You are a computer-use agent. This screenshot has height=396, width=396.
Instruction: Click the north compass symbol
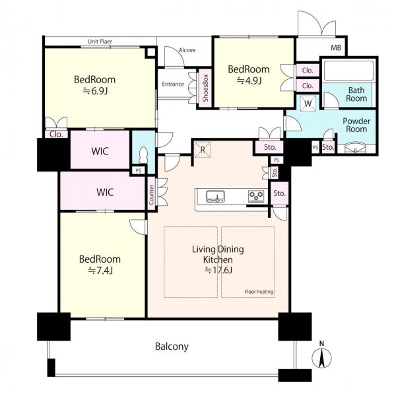[321, 356]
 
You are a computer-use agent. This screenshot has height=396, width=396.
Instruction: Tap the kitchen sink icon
[215, 197]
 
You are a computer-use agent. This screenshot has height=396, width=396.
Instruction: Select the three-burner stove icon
[256, 196]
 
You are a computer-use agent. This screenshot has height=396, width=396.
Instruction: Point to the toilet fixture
[143, 154]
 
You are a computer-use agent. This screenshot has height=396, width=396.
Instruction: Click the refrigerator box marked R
[203, 150]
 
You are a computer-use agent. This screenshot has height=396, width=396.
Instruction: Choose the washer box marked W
[308, 104]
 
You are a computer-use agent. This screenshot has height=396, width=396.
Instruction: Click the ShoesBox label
[205, 88]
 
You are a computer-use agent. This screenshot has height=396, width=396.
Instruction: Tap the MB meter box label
[336, 48]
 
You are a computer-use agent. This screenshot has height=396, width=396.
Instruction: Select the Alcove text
[187, 50]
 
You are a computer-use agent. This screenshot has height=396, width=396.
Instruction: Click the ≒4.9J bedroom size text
[249, 81]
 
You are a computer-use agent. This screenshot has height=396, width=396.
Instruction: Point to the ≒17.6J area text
[218, 270]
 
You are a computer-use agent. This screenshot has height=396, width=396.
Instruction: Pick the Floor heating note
[259, 292]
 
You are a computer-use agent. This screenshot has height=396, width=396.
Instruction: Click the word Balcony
[172, 346]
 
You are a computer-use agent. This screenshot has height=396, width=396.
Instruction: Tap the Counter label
[152, 195]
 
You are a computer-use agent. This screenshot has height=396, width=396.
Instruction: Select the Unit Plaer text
[100, 42]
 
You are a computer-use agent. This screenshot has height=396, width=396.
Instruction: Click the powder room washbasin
[355, 148]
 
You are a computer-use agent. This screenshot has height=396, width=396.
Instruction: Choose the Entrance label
[173, 84]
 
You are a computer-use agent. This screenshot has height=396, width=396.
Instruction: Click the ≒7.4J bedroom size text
[100, 271]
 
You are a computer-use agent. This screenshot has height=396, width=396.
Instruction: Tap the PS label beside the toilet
[139, 171]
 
